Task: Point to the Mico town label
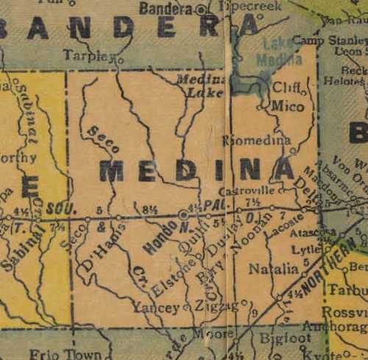point(287,107)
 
